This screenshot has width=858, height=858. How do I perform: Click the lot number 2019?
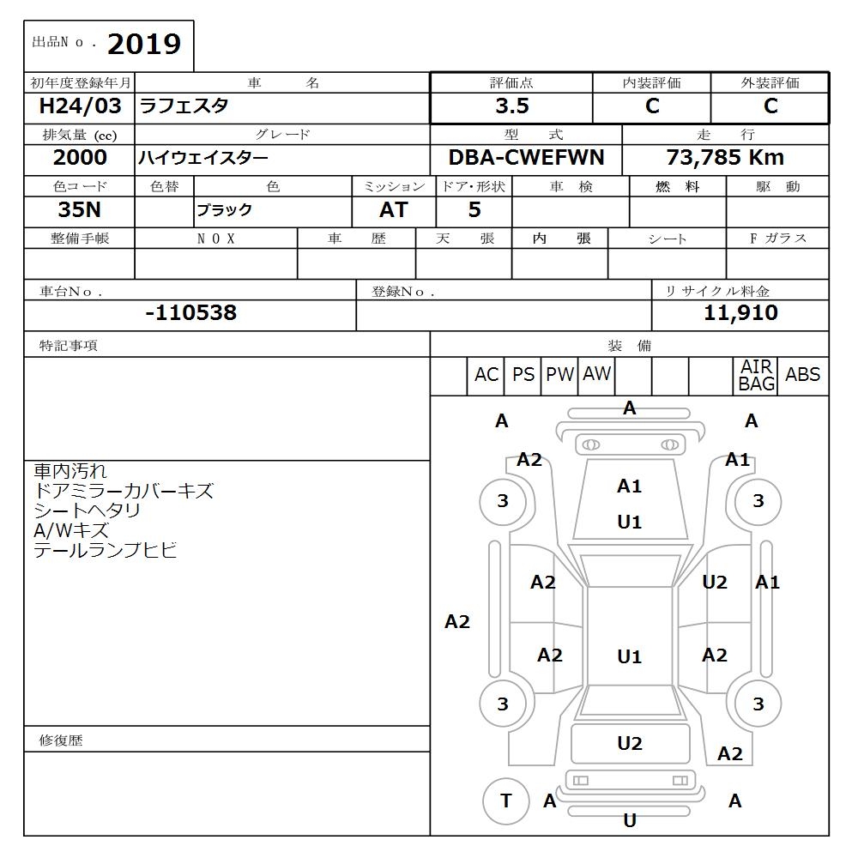[144, 45]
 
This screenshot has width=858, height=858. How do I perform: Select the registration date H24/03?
[81, 106]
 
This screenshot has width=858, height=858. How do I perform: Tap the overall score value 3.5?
[511, 106]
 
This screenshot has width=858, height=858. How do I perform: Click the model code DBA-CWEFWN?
[526, 158]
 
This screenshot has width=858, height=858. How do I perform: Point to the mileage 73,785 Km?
[725, 158]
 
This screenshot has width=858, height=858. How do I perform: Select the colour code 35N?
[80, 210]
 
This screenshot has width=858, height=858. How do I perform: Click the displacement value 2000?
[80, 158]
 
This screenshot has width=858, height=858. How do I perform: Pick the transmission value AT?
[394, 210]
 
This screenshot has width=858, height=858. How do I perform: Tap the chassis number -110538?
[190, 313]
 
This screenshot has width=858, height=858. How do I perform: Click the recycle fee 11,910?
[740, 313]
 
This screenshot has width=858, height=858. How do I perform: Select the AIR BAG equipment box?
[756, 376]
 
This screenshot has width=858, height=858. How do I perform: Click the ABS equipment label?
[802, 375]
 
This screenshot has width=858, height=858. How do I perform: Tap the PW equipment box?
[559, 375]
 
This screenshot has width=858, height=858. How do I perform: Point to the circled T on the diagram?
[505, 801]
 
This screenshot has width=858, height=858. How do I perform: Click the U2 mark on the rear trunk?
[630, 744]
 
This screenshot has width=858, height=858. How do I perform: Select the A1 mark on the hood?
[630, 486]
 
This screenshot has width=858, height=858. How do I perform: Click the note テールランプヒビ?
[106, 551]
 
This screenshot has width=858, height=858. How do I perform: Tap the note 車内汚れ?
[70, 471]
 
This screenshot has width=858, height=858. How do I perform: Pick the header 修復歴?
[61, 740]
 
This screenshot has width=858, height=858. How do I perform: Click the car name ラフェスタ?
[184, 106]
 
